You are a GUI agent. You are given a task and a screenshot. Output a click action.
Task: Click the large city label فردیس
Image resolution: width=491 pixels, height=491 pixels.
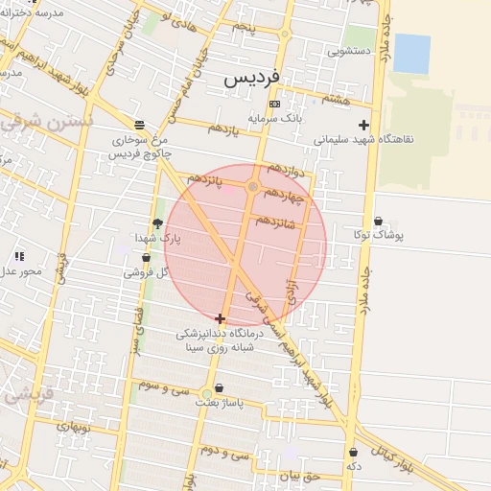click(x=253, y=79)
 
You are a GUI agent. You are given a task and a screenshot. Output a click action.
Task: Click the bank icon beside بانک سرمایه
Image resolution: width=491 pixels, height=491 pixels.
click(x=275, y=104)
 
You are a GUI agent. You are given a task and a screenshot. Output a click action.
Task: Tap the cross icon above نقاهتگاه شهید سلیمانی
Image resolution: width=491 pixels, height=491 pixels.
click(x=363, y=125)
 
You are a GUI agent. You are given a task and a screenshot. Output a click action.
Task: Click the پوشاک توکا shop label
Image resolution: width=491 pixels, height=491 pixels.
click(x=379, y=234)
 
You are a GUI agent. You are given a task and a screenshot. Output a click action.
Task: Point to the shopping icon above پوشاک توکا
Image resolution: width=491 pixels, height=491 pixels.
click(x=378, y=221)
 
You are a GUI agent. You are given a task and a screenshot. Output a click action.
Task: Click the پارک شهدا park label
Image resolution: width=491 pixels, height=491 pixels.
click(x=157, y=237)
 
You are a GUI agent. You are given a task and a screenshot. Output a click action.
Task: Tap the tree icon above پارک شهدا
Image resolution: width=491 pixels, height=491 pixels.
click(x=157, y=223)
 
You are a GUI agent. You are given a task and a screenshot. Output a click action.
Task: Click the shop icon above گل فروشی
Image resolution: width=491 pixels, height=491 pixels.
click(x=146, y=258)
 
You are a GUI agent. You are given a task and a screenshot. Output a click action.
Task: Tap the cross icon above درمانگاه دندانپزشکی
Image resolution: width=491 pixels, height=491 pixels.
click(x=221, y=318)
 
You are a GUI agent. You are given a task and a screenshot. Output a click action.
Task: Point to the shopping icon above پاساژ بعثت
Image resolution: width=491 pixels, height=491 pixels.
click(x=220, y=388)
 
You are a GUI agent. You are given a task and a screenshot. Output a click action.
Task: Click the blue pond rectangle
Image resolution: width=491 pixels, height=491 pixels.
click(x=411, y=54)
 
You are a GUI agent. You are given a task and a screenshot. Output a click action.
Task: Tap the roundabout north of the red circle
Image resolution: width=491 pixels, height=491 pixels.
click(x=253, y=187)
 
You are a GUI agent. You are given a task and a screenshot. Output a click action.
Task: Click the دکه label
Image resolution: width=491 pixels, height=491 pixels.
click(x=354, y=465)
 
